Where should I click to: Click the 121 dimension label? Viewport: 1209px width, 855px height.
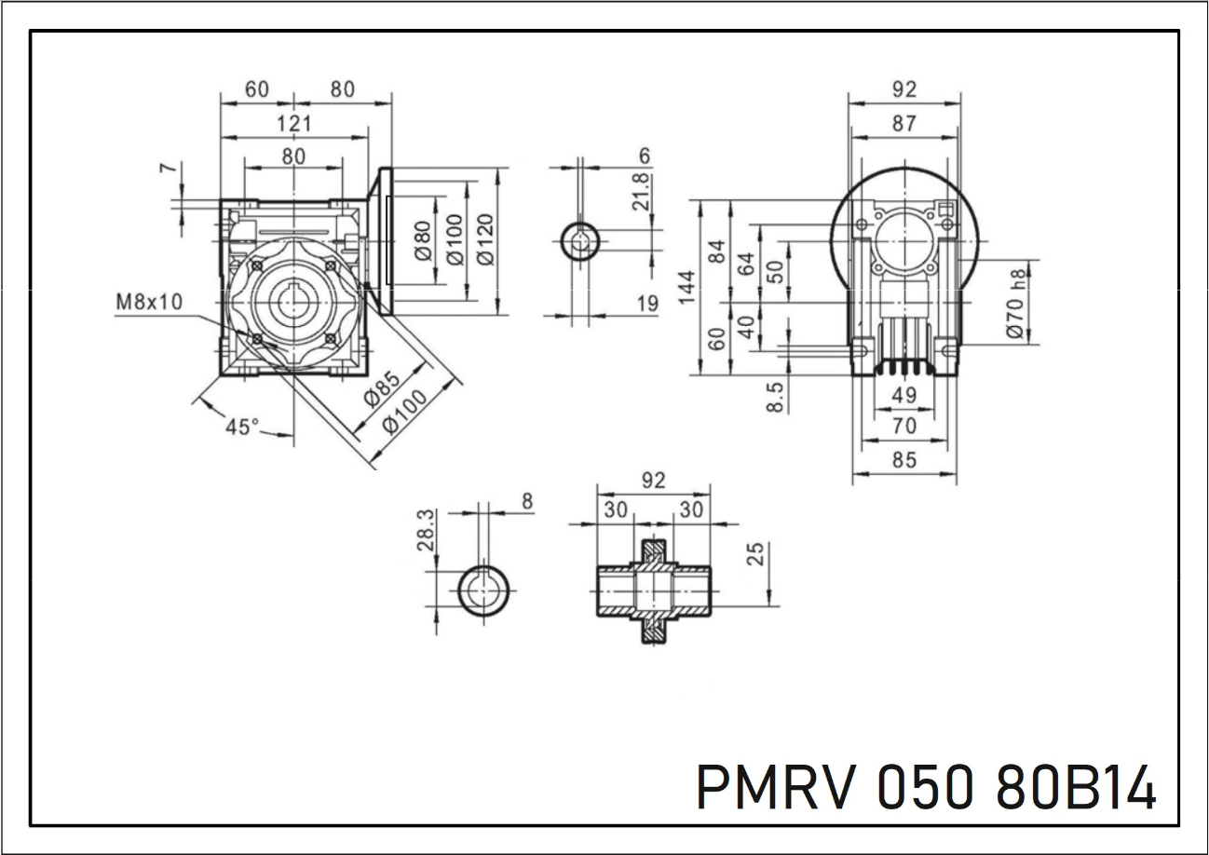294,123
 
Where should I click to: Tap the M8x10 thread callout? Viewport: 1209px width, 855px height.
150,302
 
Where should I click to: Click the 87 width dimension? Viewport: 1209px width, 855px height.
903,123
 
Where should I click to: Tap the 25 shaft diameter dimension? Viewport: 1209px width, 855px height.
756,554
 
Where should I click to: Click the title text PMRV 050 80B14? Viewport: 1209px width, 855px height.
926,788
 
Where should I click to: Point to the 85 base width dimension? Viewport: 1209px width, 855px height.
903,459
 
